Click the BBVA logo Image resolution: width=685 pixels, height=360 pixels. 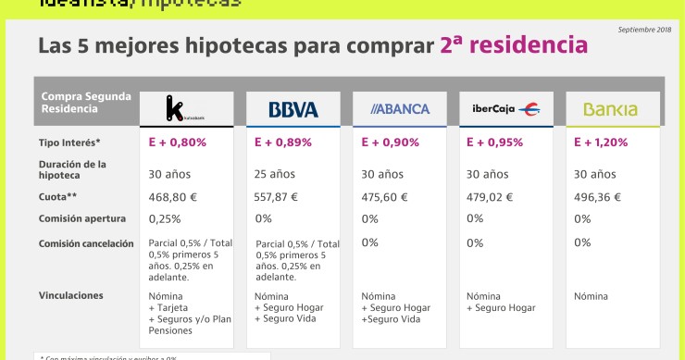tap(293, 109)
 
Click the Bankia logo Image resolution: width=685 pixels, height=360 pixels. tap(610, 110)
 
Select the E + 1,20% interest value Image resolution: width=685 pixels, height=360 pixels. tap(601, 143)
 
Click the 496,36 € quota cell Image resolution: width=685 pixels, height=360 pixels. tap(597, 196)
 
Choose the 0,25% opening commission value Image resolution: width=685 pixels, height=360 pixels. tap(165, 218)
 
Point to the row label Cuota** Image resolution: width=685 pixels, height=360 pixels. tap(59, 196)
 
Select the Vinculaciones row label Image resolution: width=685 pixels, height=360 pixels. tap(71, 295)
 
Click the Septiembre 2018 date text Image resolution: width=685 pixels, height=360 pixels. tap(643, 31)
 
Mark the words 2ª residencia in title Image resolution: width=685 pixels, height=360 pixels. tap(514, 44)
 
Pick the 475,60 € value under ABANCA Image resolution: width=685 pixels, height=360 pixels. tap(389, 196)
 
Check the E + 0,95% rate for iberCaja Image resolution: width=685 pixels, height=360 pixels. tap(494, 143)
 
